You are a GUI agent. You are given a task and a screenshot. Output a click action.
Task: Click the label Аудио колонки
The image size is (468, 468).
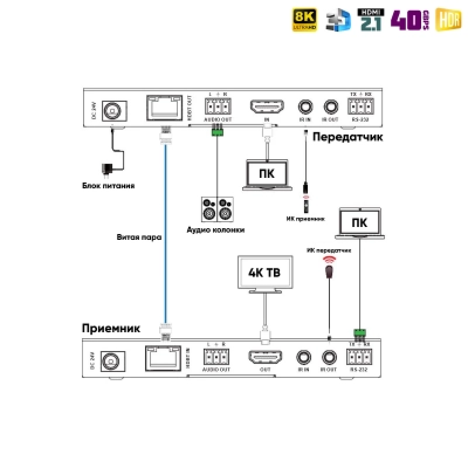point(216,230)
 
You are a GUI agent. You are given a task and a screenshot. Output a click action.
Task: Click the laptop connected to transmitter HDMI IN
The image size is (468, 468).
point(266,174)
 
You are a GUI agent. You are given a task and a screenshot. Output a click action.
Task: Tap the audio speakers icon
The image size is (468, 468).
point(216,209)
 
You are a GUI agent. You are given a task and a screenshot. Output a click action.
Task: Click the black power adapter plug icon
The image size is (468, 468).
point(107,169)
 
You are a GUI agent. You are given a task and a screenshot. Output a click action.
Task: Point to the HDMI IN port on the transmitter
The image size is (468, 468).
point(267,107)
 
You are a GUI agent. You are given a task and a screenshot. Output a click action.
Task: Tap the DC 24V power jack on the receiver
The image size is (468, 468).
point(110,360)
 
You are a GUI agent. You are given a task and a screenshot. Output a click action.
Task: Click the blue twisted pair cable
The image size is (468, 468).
point(166,234)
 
